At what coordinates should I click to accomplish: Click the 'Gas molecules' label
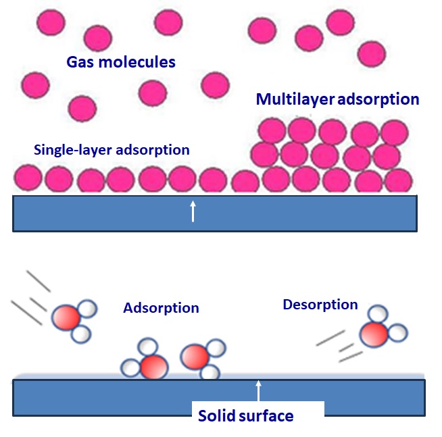121,62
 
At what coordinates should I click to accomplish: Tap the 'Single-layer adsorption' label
112,149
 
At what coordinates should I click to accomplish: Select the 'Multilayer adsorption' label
338,100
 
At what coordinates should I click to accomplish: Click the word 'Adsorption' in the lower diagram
161,308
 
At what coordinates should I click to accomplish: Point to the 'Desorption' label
320,305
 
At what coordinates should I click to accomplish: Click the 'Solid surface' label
245,415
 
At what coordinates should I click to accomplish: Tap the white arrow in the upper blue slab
193,211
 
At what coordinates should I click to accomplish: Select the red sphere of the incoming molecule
66,317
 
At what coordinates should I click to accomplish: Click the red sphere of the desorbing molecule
373,334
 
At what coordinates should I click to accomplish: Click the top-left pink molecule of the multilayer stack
272,130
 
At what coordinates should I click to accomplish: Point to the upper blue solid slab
101,213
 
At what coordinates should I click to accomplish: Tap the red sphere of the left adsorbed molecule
153,366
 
